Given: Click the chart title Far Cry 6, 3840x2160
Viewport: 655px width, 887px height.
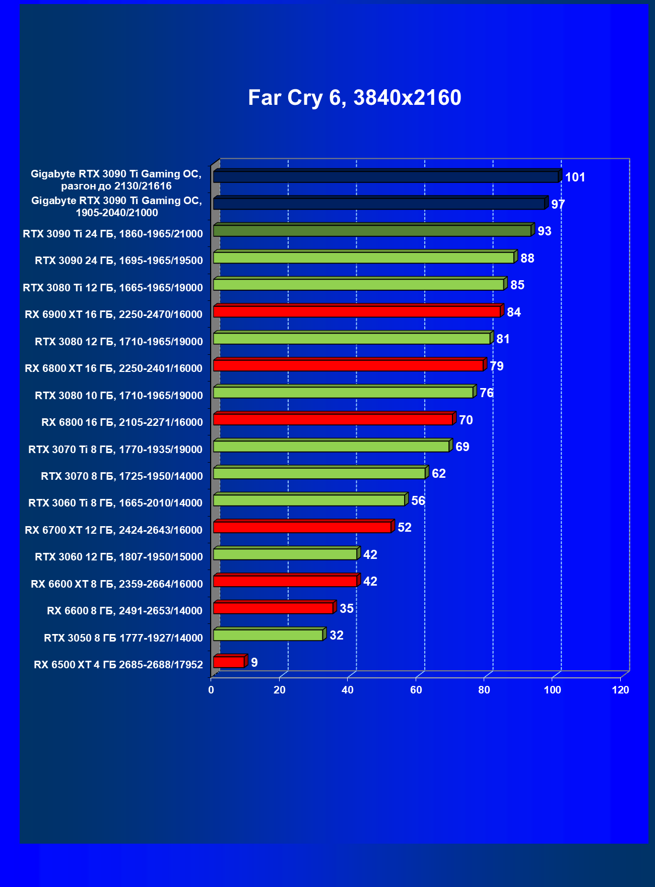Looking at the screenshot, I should point(354,98).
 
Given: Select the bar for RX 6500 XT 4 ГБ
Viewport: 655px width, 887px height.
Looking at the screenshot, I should point(229,662).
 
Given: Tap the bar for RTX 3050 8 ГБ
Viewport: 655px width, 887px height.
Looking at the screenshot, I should point(268,635).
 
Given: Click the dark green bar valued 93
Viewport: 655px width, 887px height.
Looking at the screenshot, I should point(372,231).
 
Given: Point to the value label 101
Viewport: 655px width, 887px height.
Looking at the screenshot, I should point(575,177).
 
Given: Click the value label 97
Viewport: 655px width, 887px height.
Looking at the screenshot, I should point(558,204).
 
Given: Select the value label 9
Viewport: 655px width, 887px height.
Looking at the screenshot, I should point(254,662).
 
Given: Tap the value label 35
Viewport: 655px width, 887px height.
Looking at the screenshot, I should point(347,608).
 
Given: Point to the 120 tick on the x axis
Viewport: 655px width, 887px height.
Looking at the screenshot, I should point(620,690).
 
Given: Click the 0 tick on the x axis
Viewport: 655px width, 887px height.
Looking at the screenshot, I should point(211,690).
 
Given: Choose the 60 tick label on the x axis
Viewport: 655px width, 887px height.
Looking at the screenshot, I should point(416,690).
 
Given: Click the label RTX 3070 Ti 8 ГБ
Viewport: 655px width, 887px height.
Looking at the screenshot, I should point(115,450).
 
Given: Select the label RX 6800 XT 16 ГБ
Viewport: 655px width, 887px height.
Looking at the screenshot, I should point(113,368).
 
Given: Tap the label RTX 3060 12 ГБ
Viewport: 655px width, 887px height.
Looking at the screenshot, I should point(119,557).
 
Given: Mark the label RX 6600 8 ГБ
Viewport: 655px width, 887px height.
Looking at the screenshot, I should point(124,611).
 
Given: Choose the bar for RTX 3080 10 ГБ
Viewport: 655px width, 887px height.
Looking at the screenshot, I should point(343,393).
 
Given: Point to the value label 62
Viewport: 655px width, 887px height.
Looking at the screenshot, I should point(438,474).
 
